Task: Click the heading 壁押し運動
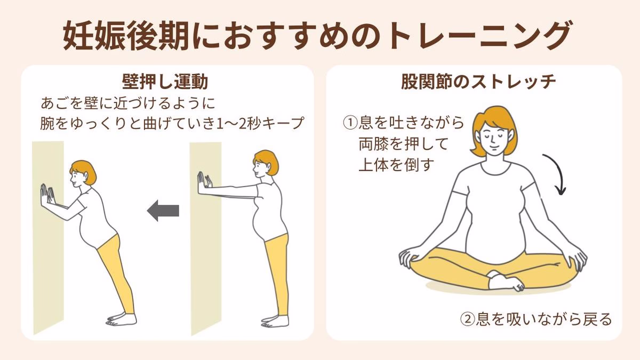165,82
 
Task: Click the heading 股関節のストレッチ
478,82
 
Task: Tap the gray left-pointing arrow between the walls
163,211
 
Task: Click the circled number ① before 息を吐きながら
350,123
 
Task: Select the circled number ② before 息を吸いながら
468,319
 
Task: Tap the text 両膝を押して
403,144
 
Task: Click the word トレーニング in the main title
478,36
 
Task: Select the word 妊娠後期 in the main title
126,36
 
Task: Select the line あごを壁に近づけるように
127,103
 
